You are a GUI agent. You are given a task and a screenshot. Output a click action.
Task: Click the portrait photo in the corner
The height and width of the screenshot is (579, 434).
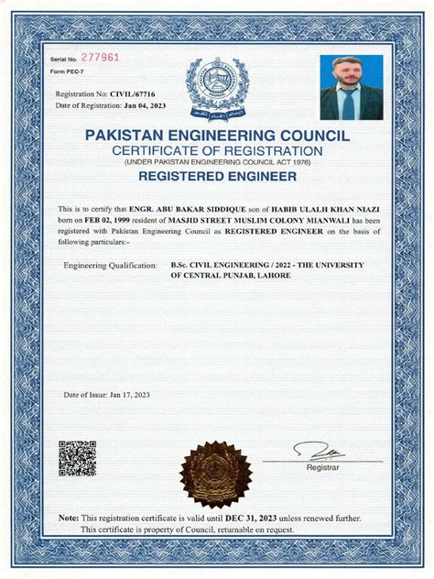pos(351,88)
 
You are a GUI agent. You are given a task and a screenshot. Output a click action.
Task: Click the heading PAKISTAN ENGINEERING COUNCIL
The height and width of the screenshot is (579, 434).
pos(217,135)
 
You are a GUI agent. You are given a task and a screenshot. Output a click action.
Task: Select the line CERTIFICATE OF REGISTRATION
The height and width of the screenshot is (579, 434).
pos(217,149)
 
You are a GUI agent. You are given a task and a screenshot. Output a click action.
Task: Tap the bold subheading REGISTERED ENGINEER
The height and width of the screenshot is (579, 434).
pos(217,174)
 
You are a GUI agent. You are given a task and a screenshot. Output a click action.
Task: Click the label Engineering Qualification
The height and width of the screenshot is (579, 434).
pos(110,265)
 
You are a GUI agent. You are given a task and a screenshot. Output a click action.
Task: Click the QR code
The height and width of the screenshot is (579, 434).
pos(78,459)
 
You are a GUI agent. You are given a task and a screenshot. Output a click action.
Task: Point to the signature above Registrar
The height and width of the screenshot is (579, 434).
pos(320,451)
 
